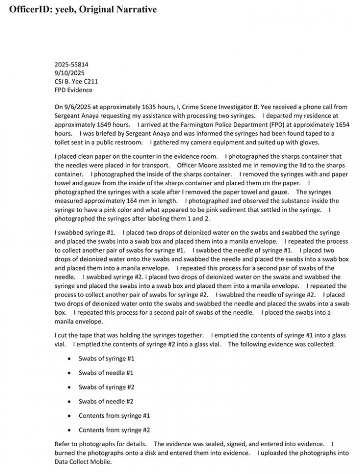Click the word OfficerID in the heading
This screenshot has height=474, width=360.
pos(30,9)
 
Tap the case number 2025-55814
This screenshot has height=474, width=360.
pos(71,64)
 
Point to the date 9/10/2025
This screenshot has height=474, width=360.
pos(68,73)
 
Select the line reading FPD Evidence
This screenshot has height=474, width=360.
pos(73,90)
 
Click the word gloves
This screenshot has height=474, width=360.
pos(309,142)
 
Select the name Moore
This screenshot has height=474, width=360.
pos(210,166)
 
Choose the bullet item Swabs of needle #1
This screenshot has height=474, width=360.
pos(106,373)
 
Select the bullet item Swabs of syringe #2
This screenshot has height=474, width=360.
pos(107,387)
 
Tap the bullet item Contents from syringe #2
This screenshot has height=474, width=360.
pos(114,430)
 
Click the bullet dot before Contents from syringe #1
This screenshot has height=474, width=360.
pos(68,416)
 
